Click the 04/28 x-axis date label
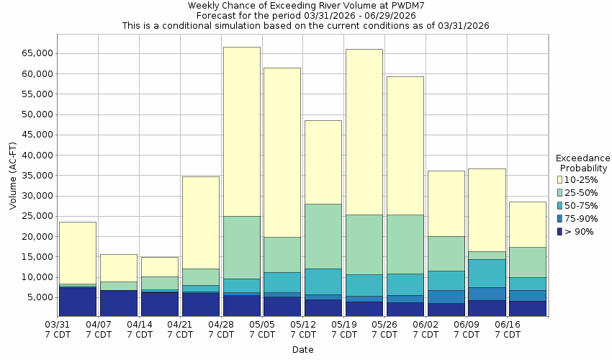(x=221, y=330)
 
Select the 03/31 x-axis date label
(x=58, y=330)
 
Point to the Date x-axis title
(x=302, y=350)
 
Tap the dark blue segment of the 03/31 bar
(x=78, y=302)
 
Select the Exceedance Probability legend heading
(x=583, y=163)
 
